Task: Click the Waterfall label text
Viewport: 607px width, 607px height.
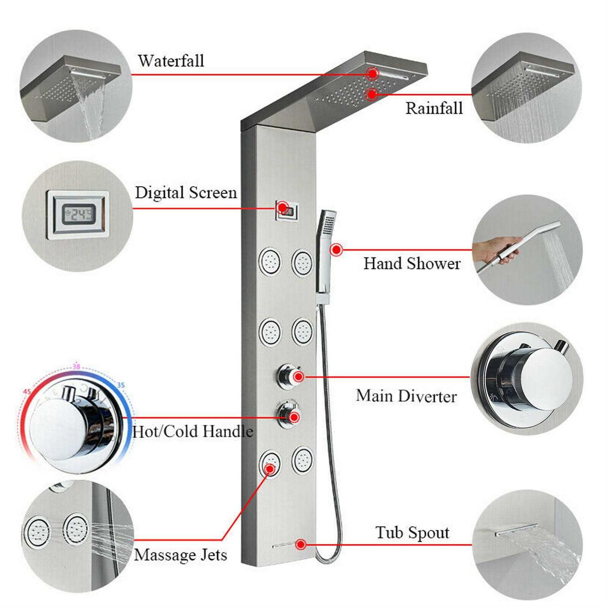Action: point(171,61)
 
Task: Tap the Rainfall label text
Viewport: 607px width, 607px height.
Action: point(434,108)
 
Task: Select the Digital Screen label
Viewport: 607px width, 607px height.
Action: point(186,193)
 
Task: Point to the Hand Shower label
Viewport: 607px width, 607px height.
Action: point(412,263)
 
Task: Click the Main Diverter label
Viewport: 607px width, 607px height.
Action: point(406,396)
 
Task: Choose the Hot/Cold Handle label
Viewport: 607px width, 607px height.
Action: point(193,431)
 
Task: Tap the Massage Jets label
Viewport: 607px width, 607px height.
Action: point(180,555)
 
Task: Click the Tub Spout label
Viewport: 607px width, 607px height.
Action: point(412,533)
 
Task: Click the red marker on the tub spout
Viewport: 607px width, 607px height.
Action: point(300,544)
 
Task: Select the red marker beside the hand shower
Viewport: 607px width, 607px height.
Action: point(336,250)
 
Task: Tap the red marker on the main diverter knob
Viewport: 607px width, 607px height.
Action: point(299,377)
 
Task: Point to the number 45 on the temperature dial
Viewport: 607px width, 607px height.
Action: point(27,392)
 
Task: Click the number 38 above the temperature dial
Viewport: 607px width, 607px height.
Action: point(76,367)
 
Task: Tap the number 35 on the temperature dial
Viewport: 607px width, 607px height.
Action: point(121,385)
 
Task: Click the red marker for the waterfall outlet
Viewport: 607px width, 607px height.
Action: point(372,74)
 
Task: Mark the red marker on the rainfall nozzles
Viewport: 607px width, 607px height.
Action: point(371,95)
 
